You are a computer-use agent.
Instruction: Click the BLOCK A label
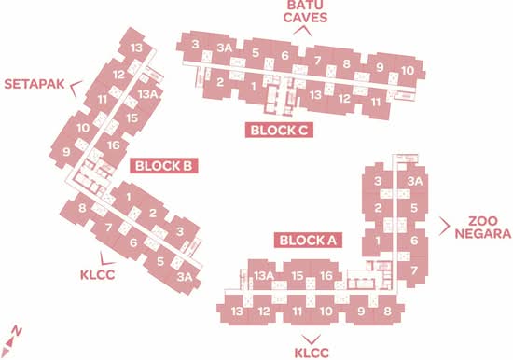[308, 241]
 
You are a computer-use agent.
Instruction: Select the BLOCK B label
[163, 166]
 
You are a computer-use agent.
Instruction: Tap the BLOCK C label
[279, 131]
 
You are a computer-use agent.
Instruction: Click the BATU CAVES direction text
[305, 12]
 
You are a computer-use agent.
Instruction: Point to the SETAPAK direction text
[35, 84]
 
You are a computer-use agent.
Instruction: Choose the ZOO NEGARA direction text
[483, 228]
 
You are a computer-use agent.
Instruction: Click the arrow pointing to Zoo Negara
[445, 226]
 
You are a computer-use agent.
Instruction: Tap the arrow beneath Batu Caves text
[302, 31]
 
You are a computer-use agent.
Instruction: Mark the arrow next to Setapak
[76, 88]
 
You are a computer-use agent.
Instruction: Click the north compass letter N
[16, 331]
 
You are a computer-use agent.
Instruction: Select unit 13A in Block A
[264, 275]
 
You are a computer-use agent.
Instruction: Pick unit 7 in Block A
[414, 270]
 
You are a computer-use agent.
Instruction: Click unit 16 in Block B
[114, 145]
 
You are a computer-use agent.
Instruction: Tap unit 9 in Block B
[66, 152]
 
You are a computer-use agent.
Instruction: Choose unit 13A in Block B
[148, 94]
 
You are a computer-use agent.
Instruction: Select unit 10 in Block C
[408, 70]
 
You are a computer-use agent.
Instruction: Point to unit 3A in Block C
[225, 48]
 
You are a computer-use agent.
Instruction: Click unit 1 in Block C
[253, 87]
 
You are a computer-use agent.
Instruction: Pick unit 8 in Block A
[387, 311]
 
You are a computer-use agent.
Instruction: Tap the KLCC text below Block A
[312, 353]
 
